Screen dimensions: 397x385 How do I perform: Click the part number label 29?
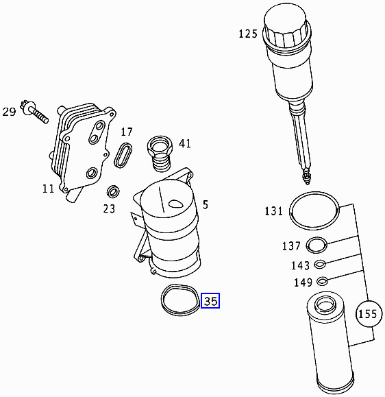point(9,112)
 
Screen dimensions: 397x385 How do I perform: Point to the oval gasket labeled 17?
point(124,154)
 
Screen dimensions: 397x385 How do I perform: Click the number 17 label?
point(127,132)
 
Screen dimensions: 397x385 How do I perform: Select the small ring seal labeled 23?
point(114,190)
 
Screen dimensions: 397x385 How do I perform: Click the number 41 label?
point(185,143)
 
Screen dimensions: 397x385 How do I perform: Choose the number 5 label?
point(205,204)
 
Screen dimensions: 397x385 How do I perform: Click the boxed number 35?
point(210,300)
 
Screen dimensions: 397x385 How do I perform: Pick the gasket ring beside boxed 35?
point(179,300)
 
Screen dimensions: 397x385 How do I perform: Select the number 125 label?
point(248,34)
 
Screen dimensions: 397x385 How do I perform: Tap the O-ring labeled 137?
point(316,244)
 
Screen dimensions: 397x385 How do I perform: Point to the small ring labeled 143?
point(320,265)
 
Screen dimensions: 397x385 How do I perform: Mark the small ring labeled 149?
point(321,281)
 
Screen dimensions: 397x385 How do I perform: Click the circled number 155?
point(369,315)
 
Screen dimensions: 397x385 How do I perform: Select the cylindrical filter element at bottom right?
point(331,343)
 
